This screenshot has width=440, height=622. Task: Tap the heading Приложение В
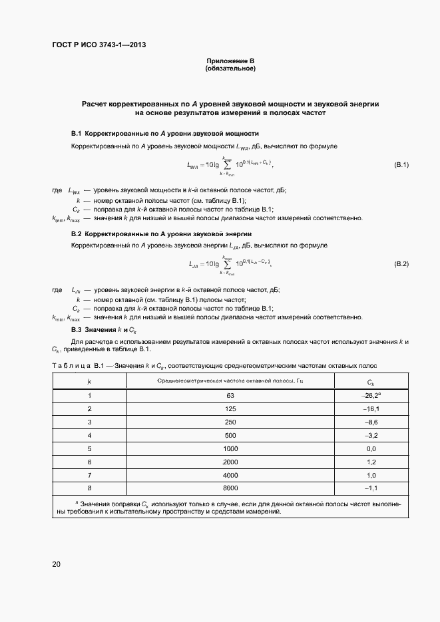(x=230, y=61)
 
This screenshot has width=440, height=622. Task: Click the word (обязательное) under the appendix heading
(x=230, y=69)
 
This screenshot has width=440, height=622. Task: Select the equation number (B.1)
(x=401, y=164)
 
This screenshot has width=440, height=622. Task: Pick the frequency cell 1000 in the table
(x=230, y=449)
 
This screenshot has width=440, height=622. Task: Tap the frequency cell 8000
(x=230, y=489)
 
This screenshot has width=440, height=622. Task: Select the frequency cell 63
(x=230, y=396)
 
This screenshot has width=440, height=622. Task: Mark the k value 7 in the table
(x=89, y=476)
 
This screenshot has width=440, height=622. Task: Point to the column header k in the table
(x=89, y=381)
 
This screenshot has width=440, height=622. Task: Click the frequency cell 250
(x=230, y=422)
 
